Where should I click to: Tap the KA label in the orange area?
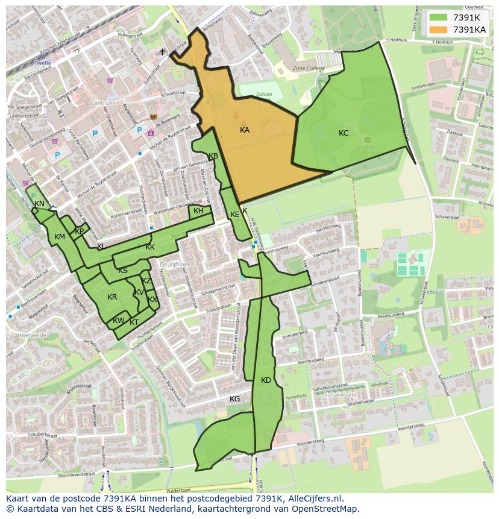click(245, 130)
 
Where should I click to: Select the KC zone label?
click(344, 133)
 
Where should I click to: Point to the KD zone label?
click(266, 380)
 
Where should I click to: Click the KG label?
click(235, 399)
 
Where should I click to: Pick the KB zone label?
click(213, 157)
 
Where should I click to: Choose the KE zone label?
click(235, 215)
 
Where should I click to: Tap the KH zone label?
click(198, 211)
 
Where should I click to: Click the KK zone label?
click(150, 247)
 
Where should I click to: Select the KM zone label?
click(60, 237)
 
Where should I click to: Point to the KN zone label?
click(39, 204)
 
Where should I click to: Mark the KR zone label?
click(112, 297)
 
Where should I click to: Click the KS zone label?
click(123, 271)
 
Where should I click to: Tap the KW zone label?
click(119, 321)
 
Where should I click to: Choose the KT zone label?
click(134, 322)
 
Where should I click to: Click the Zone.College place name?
click(309, 69)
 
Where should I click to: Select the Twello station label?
click(43, 63)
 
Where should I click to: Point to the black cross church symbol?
click(162, 52)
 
